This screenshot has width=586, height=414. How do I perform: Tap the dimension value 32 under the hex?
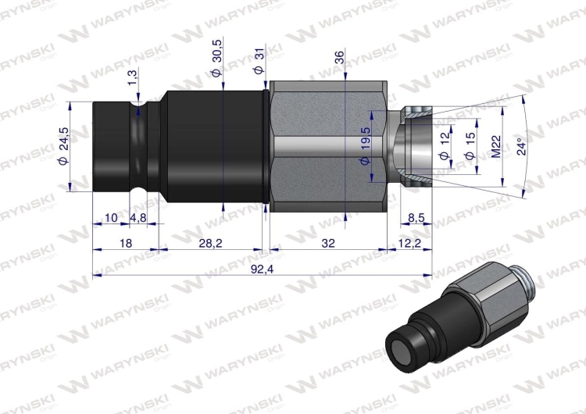[328, 244]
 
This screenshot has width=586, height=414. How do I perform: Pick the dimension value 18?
[124, 244]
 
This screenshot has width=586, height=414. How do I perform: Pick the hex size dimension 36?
[338, 59]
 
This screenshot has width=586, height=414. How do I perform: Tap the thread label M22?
[495, 146]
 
